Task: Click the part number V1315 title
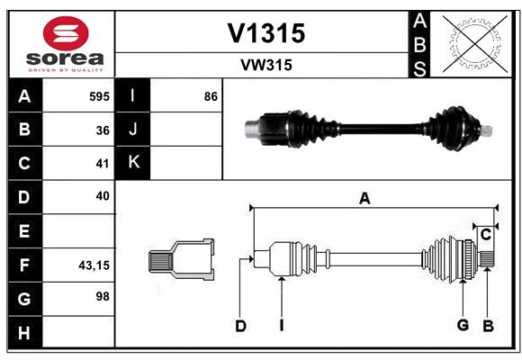coord(266,33)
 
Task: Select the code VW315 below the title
coord(266,65)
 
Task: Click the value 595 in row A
coord(99,95)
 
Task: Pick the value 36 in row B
coord(103,130)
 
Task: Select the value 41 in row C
coord(103,163)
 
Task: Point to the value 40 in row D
coord(103,196)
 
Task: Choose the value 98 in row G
coord(103,297)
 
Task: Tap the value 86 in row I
coord(211,95)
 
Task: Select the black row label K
coord(133,163)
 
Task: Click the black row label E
coord(24,230)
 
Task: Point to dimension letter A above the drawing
coord(364,199)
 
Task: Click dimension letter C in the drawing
coord(485,235)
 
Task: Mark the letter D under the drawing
coord(240,326)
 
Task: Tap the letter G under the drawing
coord(463,325)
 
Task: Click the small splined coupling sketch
coord(181,260)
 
